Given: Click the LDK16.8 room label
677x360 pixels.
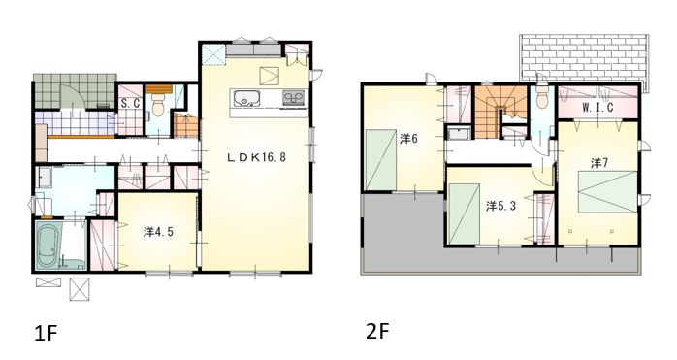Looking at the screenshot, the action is tap(256, 157).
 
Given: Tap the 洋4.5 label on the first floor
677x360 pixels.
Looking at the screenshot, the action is tap(158, 232).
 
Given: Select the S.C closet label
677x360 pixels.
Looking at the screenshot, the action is tap(130, 104).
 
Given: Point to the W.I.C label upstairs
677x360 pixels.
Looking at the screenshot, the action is tap(597, 107).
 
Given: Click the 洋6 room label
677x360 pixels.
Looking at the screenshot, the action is tap(408, 139).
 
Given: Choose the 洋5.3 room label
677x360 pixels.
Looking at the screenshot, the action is tap(500, 206).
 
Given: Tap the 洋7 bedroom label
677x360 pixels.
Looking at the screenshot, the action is tap(599, 163).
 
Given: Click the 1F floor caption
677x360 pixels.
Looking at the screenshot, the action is tap(46, 333).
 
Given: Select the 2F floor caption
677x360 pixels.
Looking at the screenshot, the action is tap(378, 332).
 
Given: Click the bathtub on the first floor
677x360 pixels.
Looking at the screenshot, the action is tap(48, 245).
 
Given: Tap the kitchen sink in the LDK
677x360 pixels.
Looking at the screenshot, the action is tap(245, 98).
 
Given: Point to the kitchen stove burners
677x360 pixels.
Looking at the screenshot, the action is tap(294, 98).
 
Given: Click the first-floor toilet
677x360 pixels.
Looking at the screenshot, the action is tap(158, 106).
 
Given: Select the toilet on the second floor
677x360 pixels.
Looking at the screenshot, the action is tap(541, 99).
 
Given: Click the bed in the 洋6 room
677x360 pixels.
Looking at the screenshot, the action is tap(381, 160).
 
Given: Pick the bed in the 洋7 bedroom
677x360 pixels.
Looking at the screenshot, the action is tap(608, 191).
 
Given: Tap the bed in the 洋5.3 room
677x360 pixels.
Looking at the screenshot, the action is tap(465, 214).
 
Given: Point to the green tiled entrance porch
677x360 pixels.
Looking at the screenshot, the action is tap(76, 91).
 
